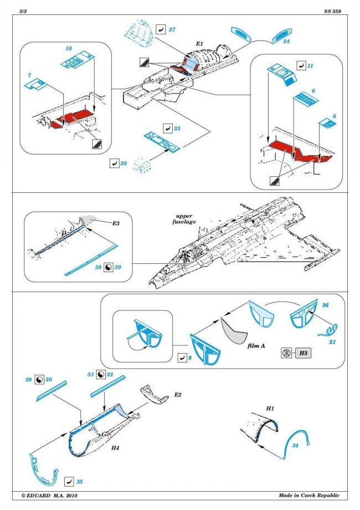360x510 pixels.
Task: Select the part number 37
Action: [x=172, y=29]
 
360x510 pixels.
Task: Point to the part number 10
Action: [x=69, y=49]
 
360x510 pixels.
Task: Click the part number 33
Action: [x=177, y=128]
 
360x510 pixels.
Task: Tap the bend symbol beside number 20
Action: [x=114, y=164]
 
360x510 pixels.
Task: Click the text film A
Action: [x=256, y=345]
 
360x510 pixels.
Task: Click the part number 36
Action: [x=326, y=305]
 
